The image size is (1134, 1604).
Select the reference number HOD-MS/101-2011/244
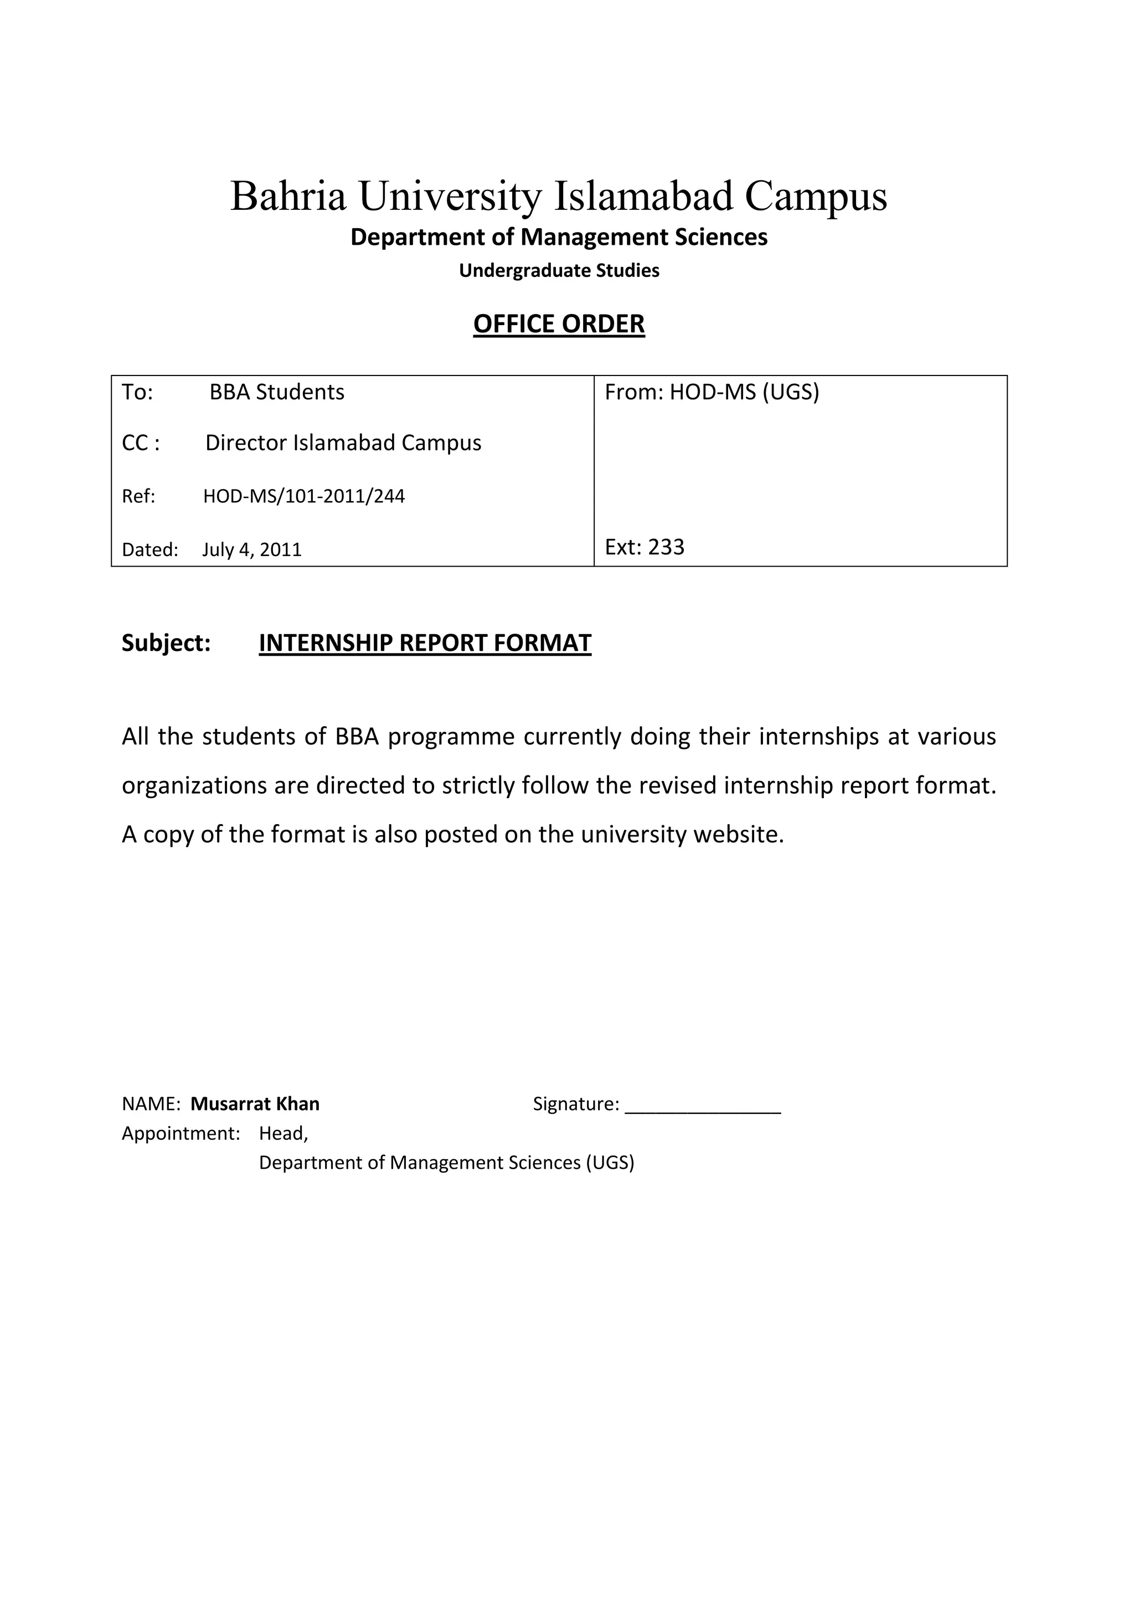(304, 497)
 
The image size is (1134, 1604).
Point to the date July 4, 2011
(252, 550)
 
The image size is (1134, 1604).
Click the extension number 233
(666, 547)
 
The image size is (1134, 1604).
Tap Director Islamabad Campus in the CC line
(343, 443)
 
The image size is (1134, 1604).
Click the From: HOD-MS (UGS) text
(712, 393)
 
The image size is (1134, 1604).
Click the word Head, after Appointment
(283, 1133)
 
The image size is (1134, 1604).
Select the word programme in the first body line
(451, 738)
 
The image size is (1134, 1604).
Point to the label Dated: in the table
(150, 550)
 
